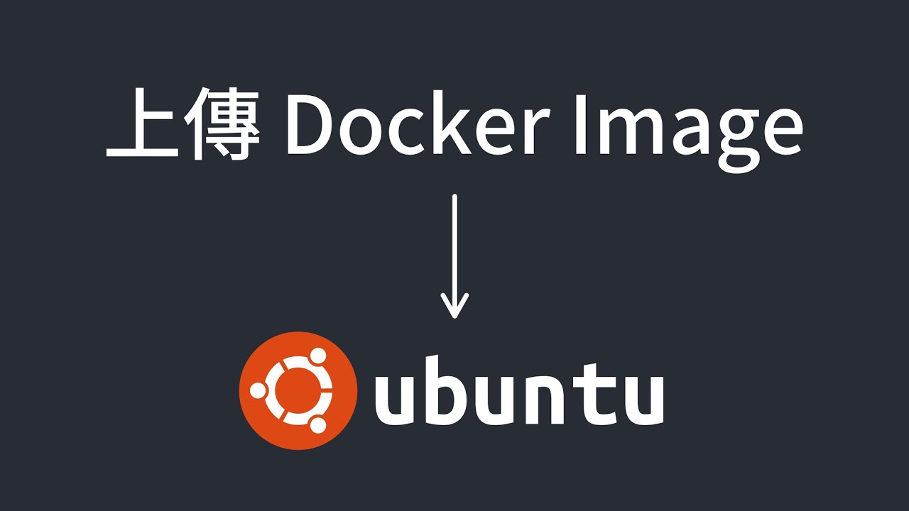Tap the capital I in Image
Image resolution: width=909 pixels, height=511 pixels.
coord(580,128)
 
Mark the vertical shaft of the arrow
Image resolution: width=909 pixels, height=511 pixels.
coord(454,241)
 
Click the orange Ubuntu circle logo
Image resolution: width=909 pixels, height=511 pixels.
coord(298,390)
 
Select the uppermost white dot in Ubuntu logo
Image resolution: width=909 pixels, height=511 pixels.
coord(317,355)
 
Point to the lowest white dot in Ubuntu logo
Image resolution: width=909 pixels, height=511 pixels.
coord(317,424)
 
